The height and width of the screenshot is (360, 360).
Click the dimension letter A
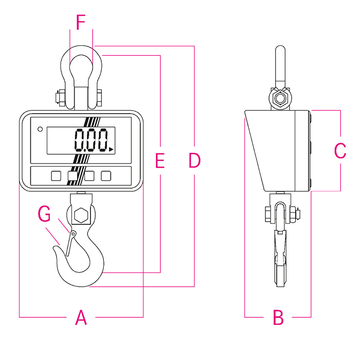click(x=81, y=317)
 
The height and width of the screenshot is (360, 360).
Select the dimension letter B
click(x=278, y=317)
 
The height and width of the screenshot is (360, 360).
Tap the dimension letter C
click(x=340, y=151)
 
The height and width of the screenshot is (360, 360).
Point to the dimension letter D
click(x=194, y=160)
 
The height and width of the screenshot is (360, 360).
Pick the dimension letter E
click(x=160, y=160)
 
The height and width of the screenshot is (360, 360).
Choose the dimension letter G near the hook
click(x=45, y=212)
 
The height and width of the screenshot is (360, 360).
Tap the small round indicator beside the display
click(x=40, y=129)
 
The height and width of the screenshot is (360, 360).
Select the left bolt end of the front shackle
click(x=57, y=97)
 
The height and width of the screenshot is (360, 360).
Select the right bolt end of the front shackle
click(x=99, y=97)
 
